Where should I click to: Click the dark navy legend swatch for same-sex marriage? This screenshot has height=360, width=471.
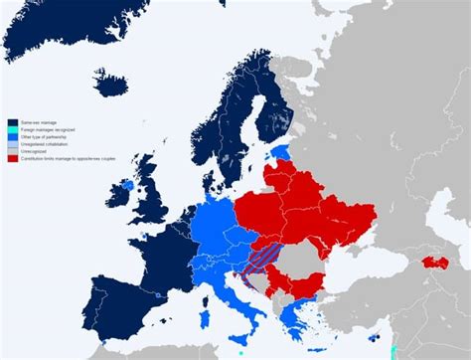[x=11, y=121]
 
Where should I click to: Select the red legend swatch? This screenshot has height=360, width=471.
[x=11, y=158]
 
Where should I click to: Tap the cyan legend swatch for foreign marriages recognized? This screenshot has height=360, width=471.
[x=11, y=129]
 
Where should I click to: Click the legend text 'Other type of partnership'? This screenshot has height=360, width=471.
[x=40, y=136]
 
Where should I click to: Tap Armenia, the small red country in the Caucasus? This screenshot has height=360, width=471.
[x=434, y=263]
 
